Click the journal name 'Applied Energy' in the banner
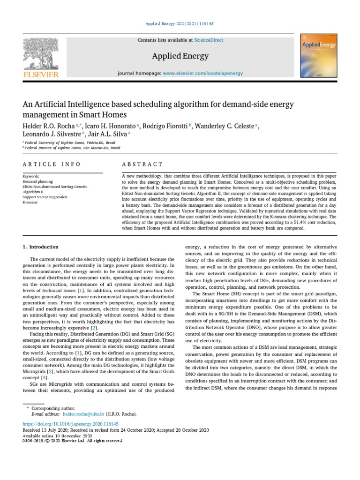point(180,56)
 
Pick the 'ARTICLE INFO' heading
point(52,164)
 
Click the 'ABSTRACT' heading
point(142,164)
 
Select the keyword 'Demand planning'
point(37,181)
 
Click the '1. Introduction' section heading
point(41,247)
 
